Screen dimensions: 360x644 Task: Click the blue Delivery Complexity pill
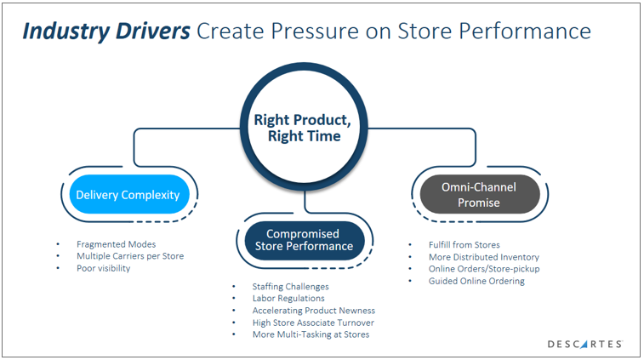pyautogui.click(x=128, y=195)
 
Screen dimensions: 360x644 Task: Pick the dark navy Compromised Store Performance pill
pyautogui.click(x=304, y=240)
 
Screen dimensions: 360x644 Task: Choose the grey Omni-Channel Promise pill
pyautogui.click(x=479, y=195)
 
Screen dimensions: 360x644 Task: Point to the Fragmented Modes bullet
pyautogui.click(x=117, y=244)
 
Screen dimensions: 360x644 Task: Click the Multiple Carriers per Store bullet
pyautogui.click(x=129, y=255)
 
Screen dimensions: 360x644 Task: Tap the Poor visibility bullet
pyautogui.click(x=104, y=267)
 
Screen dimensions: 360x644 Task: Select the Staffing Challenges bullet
pyautogui.click(x=290, y=287)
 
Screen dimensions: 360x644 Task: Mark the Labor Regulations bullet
pyautogui.click(x=288, y=299)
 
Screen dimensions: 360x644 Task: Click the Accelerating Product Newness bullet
pyautogui.click(x=313, y=311)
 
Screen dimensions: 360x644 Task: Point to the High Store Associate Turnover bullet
pyautogui.click(x=312, y=323)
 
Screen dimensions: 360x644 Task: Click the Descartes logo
pyautogui.click(x=584, y=344)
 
